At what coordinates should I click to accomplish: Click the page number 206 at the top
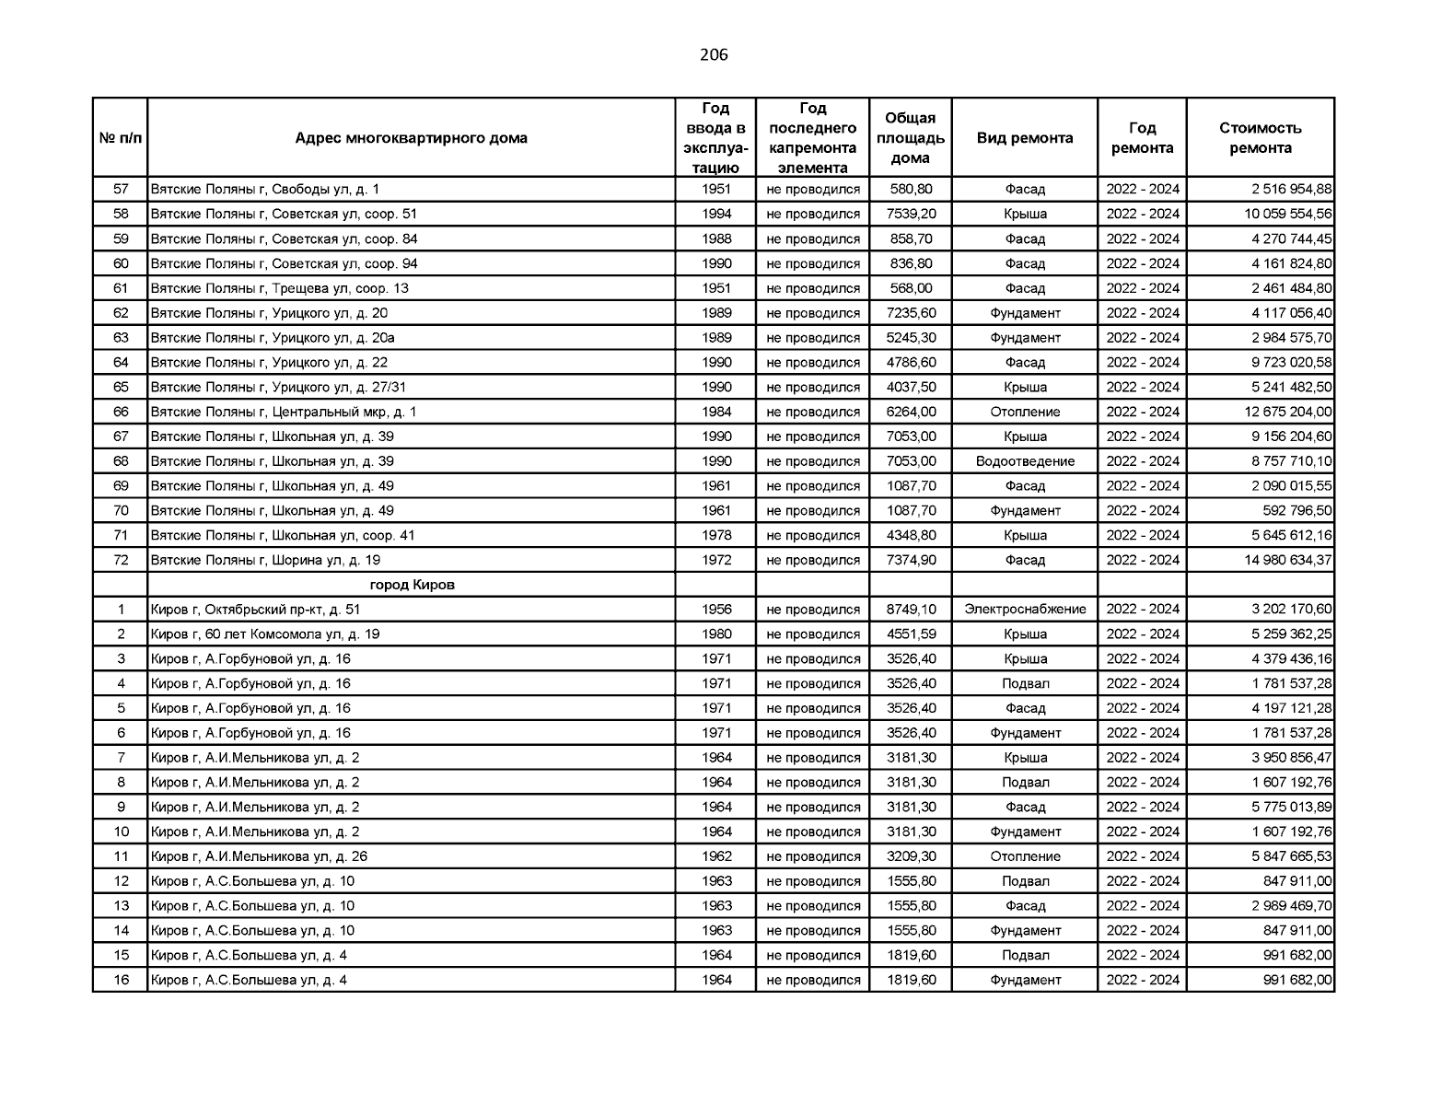coord(714,55)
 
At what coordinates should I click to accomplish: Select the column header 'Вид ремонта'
coord(1024,138)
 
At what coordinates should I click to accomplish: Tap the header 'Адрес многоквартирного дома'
coord(411,138)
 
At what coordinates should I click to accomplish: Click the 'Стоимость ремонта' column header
coord(1260,138)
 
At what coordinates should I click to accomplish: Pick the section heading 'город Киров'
coord(412,585)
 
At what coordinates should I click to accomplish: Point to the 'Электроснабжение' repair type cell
coord(1025,610)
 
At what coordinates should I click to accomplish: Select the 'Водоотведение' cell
coord(1025,461)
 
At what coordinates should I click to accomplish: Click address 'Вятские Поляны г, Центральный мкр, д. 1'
coord(284,412)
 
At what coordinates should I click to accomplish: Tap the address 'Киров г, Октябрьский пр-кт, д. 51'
coord(256,610)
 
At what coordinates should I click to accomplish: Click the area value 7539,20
coord(911,214)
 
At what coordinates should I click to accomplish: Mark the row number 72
coord(121,560)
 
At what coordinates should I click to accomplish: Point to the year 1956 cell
coord(716,610)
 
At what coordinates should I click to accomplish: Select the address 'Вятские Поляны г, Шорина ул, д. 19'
coord(265,560)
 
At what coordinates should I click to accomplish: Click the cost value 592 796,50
coord(1296,511)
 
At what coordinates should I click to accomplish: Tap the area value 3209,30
coord(911,856)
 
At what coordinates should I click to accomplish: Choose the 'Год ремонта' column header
coord(1142,138)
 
